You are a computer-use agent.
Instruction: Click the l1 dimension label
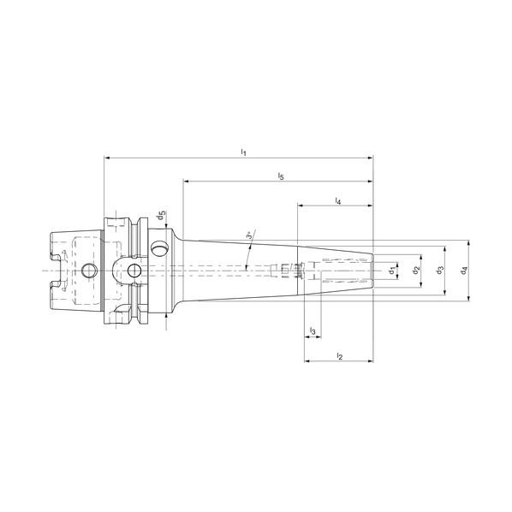pyautogui.click(x=243, y=152)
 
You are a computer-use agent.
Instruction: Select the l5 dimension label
pyautogui.click(x=281, y=176)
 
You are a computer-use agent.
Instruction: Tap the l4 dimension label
pyautogui.click(x=338, y=201)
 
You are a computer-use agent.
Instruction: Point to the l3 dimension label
pyautogui.click(x=313, y=331)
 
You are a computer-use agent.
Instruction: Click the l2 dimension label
pyautogui.click(x=340, y=356)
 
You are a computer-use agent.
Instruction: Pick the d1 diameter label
pyautogui.click(x=393, y=271)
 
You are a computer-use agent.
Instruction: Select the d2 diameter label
pyautogui.click(x=416, y=271)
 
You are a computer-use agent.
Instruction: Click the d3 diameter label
pyautogui.click(x=440, y=271)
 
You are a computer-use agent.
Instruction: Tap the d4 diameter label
pyautogui.click(x=464, y=271)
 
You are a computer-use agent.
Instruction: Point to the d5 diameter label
pyautogui.click(x=162, y=216)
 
